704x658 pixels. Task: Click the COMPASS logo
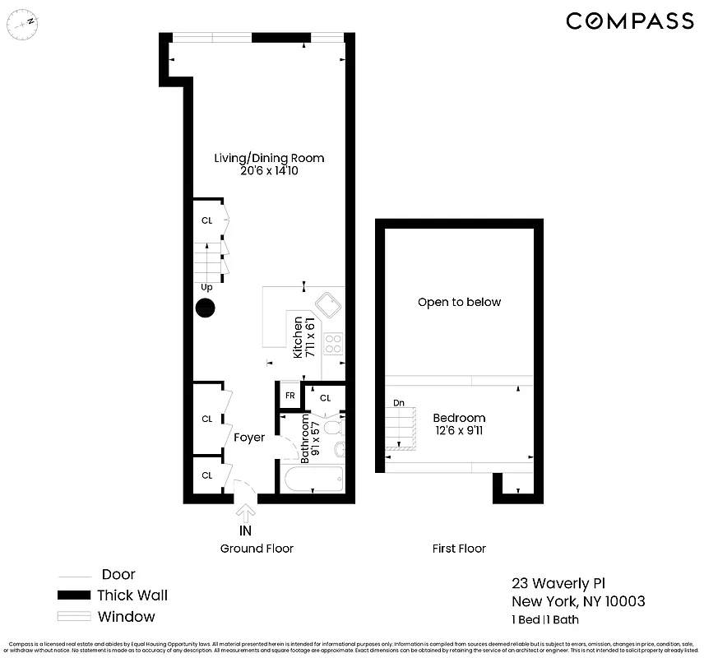630,21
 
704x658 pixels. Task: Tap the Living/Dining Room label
269,158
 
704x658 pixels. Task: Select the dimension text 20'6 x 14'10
269,171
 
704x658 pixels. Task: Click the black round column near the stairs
205,309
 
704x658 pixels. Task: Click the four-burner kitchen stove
333,344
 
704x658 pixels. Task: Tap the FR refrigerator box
289,396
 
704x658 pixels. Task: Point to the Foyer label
248,438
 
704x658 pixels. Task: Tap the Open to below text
459,302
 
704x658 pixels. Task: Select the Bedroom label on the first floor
459,418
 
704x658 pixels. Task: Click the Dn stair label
399,403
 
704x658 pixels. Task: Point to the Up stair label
206,288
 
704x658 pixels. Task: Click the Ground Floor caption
257,549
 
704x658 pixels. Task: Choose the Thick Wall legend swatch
73,595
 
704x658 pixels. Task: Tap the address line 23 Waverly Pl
558,583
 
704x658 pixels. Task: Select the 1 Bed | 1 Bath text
545,619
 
